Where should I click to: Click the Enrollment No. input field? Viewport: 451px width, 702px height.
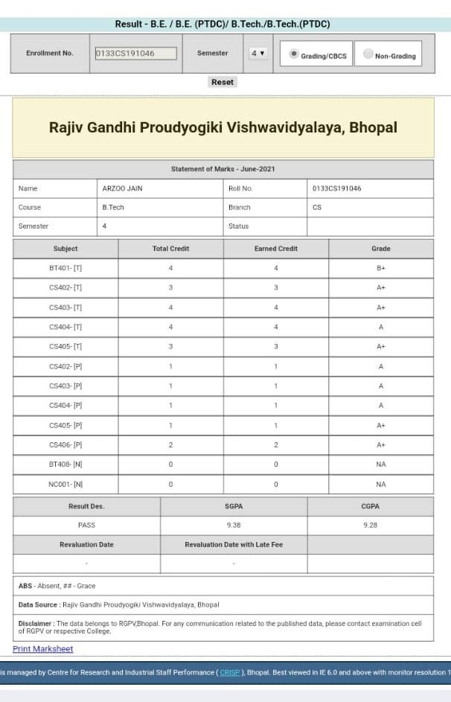135,54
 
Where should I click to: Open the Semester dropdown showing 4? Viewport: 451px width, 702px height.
258,54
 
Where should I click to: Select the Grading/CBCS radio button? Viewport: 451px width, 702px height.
294,54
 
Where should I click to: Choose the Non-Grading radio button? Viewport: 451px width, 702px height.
368,54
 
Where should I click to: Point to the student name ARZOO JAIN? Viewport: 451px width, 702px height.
122,188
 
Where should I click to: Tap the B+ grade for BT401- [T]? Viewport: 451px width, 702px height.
380,268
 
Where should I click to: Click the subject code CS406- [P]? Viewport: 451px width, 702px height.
65,445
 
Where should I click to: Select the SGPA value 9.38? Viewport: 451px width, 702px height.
234,525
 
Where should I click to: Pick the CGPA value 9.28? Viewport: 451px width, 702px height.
370,525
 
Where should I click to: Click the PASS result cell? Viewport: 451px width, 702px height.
86,525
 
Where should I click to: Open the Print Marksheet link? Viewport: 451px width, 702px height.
43,649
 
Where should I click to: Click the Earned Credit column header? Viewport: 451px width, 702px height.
275,249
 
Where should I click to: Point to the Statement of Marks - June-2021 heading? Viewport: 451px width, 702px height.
223,169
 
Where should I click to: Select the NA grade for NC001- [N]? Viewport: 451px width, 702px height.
380,485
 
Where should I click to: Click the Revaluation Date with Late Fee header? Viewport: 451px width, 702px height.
234,545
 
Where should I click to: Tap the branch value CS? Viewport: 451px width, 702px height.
317,208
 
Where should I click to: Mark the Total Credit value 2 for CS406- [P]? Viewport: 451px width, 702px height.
170,445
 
